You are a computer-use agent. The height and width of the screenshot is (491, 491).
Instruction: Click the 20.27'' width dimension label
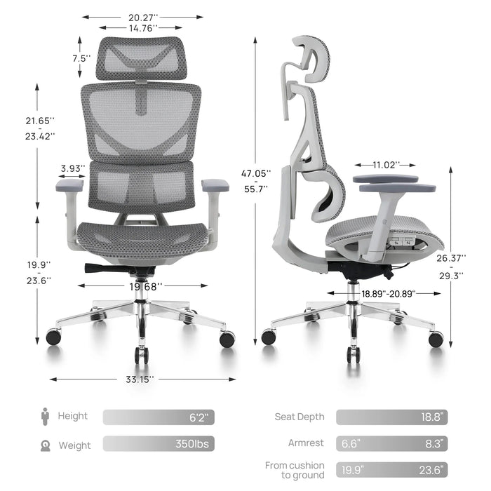pyautogui.click(x=143, y=18)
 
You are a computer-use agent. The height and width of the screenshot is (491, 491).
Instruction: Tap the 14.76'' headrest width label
pyautogui.click(x=143, y=29)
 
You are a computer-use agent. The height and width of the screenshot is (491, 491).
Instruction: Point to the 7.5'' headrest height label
pyautogui.click(x=81, y=58)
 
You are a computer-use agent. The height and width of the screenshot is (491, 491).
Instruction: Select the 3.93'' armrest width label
pyautogui.click(x=73, y=168)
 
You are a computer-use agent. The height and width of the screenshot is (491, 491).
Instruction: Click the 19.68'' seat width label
pyautogui.click(x=146, y=286)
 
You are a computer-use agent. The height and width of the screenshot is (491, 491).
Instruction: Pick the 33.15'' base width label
pyautogui.click(x=140, y=379)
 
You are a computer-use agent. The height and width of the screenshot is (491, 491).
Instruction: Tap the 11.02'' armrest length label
pyautogui.click(x=386, y=165)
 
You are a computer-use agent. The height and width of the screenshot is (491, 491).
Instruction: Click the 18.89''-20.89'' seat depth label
pyautogui.click(x=389, y=294)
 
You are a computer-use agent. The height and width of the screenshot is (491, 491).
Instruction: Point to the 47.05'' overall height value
pyautogui.click(x=256, y=173)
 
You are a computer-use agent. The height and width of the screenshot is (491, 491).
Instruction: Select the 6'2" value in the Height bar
pyautogui.click(x=201, y=417)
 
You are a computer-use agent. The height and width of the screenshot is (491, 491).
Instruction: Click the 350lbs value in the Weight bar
pyautogui.click(x=192, y=444)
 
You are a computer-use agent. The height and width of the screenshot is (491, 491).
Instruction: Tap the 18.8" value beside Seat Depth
pyautogui.click(x=432, y=417)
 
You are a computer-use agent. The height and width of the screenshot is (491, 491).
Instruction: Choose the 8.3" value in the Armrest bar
pyautogui.click(x=434, y=443)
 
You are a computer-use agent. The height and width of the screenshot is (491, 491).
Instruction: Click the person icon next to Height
pyautogui.click(x=46, y=417)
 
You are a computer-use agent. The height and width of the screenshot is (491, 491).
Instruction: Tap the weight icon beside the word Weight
pyautogui.click(x=46, y=445)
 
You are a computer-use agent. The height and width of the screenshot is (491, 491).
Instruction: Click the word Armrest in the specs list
pyautogui.click(x=306, y=443)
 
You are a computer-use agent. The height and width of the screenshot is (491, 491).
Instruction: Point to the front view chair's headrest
pyautogui.click(x=142, y=58)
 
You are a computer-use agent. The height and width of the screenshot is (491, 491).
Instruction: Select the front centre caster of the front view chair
pyautogui.click(x=142, y=356)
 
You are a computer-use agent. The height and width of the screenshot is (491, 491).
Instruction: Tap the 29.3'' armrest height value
pyautogui.click(x=451, y=276)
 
